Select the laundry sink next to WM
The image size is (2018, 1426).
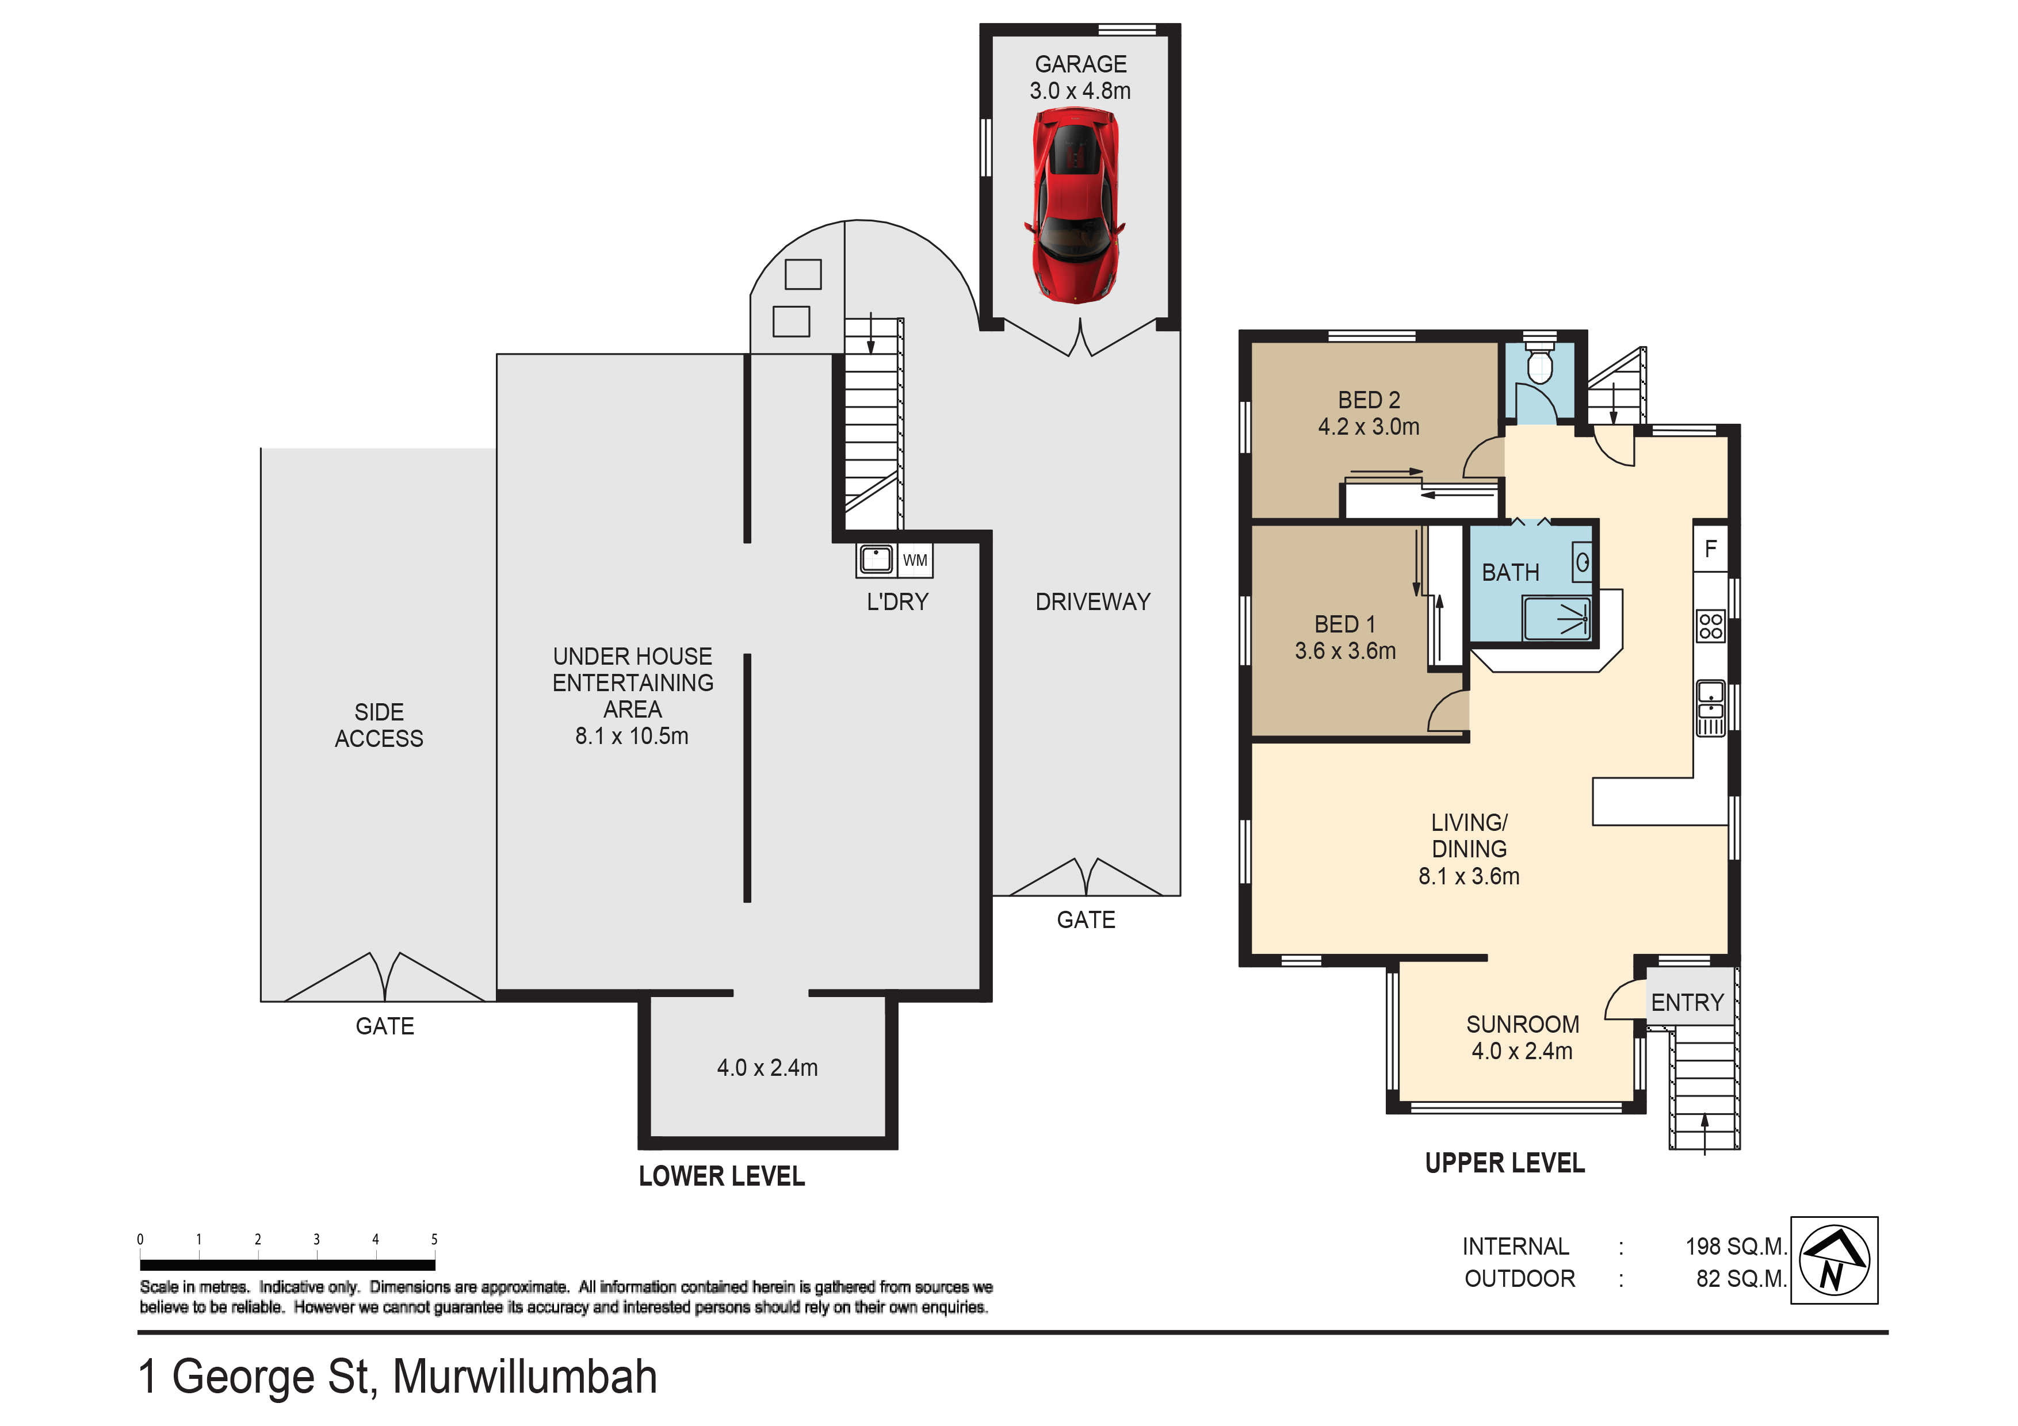(x=876, y=559)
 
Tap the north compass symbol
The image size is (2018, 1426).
(x=1834, y=1260)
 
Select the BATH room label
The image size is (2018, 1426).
(x=1510, y=573)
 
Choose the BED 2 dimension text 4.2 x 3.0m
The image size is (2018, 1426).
(x=1369, y=427)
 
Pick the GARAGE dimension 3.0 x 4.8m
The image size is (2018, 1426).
(x=1080, y=90)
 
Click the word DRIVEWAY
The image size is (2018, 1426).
(x=1092, y=602)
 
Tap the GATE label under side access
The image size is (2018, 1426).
(x=384, y=1026)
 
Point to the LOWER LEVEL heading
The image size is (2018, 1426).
(x=721, y=1176)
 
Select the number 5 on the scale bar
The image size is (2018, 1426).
(x=434, y=1240)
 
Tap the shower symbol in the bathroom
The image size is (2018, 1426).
(x=1557, y=619)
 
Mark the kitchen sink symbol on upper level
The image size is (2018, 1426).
(x=1710, y=708)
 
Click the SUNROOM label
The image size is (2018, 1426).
(x=1522, y=1025)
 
